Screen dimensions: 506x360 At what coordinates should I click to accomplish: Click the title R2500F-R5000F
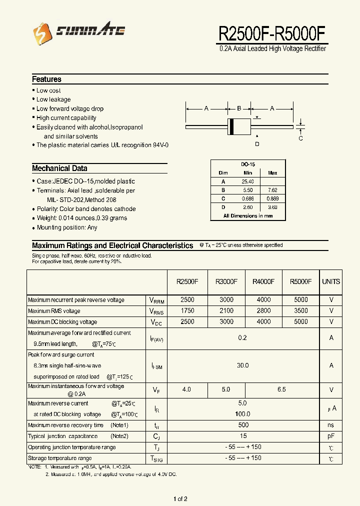(272, 33)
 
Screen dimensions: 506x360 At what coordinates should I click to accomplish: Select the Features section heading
(46, 79)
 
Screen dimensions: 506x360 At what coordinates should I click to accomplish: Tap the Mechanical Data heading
(59, 168)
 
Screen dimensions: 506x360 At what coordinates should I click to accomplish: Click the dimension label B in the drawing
(239, 108)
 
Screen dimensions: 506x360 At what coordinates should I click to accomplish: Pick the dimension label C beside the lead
(300, 138)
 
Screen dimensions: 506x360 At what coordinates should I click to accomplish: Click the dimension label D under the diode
(257, 144)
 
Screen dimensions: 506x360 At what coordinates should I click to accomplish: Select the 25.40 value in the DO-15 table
(247, 181)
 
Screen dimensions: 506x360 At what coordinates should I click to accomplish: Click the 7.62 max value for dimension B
(272, 190)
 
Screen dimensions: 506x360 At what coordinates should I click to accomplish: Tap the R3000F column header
(226, 281)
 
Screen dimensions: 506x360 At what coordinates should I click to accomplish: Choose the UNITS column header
(331, 281)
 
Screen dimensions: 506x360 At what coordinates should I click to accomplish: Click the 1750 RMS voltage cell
(187, 311)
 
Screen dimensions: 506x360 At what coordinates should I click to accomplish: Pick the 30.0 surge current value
(242, 365)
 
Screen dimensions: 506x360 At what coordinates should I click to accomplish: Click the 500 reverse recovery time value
(242, 425)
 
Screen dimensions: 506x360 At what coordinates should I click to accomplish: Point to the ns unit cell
(331, 425)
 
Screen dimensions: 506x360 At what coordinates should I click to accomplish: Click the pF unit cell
(331, 436)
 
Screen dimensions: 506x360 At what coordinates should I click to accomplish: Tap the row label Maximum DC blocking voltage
(62, 322)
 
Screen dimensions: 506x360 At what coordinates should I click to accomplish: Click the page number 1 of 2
(180, 498)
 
